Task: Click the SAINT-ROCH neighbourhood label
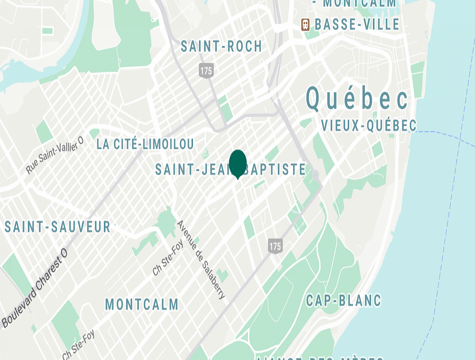[221, 46]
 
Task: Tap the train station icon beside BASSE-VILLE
[306, 24]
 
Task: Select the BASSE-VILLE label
[357, 24]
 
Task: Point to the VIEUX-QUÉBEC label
[369, 126]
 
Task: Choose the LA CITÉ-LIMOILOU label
[145, 144]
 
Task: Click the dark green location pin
[237, 163]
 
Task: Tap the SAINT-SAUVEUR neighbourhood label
[58, 227]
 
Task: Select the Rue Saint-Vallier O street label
[55, 156]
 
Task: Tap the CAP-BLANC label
[344, 301]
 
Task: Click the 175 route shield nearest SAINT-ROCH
[206, 71]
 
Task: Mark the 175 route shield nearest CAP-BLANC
[275, 246]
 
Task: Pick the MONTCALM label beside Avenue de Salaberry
[142, 304]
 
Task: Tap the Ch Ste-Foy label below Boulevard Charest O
[79, 345]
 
